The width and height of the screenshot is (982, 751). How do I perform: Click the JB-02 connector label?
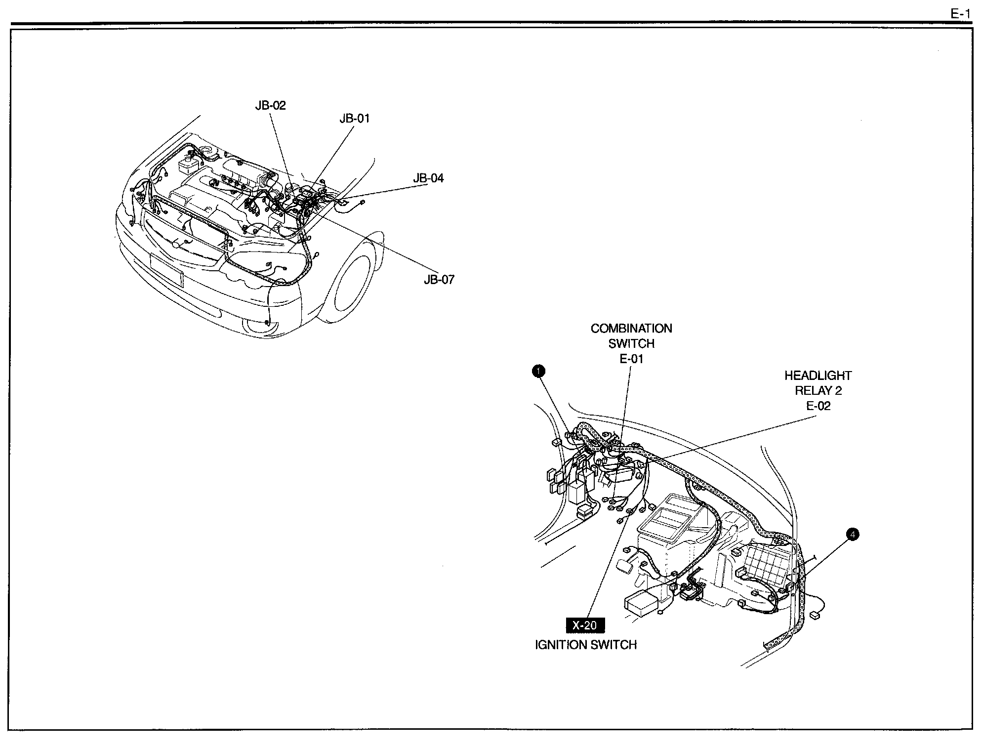[270, 105]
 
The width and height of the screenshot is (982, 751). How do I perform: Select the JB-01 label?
[354, 119]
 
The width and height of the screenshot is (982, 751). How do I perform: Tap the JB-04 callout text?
[428, 178]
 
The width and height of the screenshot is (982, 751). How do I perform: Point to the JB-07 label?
[439, 280]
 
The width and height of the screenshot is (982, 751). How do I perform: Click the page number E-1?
[960, 14]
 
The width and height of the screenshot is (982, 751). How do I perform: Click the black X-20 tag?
[584, 626]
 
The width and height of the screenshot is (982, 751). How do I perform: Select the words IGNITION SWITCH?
[586, 645]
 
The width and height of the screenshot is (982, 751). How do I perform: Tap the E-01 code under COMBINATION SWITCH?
[631, 359]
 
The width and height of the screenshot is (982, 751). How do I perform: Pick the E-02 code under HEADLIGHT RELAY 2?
[818, 406]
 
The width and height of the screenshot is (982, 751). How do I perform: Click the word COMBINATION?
[631, 329]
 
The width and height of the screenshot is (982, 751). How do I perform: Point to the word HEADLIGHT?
[818, 375]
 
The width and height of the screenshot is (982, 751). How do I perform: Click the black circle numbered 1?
[538, 371]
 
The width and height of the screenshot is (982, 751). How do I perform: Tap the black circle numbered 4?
[852, 534]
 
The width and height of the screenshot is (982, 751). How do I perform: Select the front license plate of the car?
[166, 270]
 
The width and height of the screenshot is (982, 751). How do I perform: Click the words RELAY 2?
[818, 391]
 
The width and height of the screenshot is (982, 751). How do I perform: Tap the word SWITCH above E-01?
[631, 344]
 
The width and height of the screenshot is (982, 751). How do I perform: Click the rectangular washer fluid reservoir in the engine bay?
[189, 165]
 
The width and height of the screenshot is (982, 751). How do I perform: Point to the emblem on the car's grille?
[176, 245]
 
